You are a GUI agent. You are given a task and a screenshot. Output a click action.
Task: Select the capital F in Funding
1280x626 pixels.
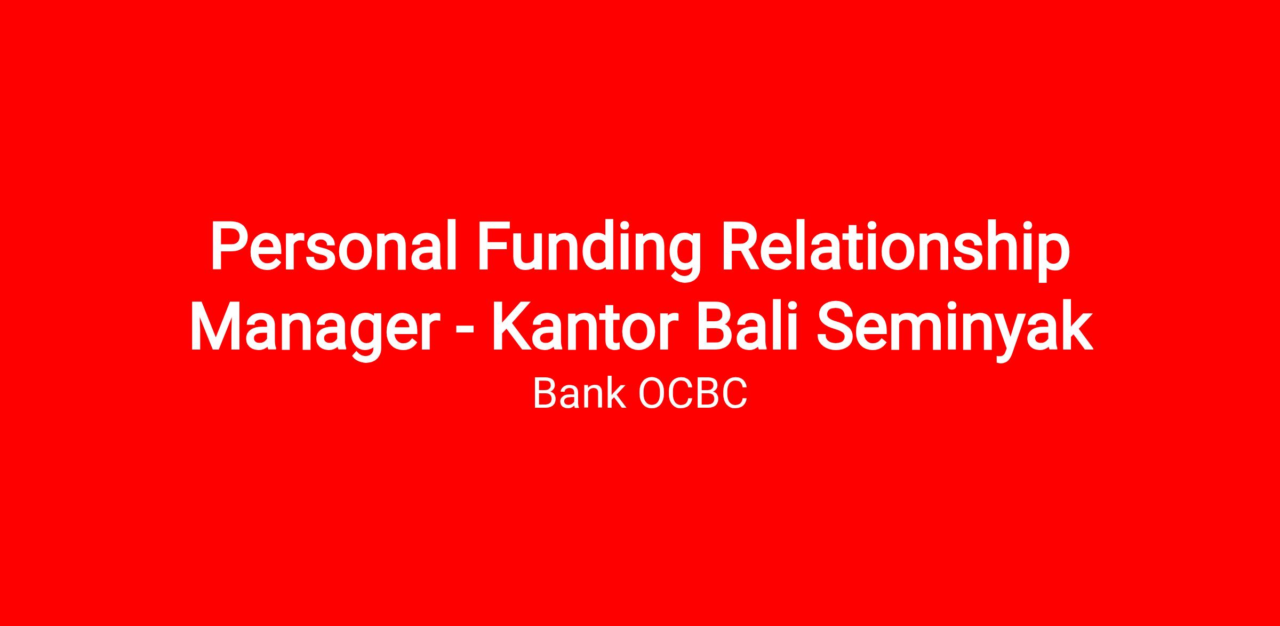pos(495,246)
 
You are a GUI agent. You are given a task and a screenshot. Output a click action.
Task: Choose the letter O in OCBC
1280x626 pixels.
pos(652,394)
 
